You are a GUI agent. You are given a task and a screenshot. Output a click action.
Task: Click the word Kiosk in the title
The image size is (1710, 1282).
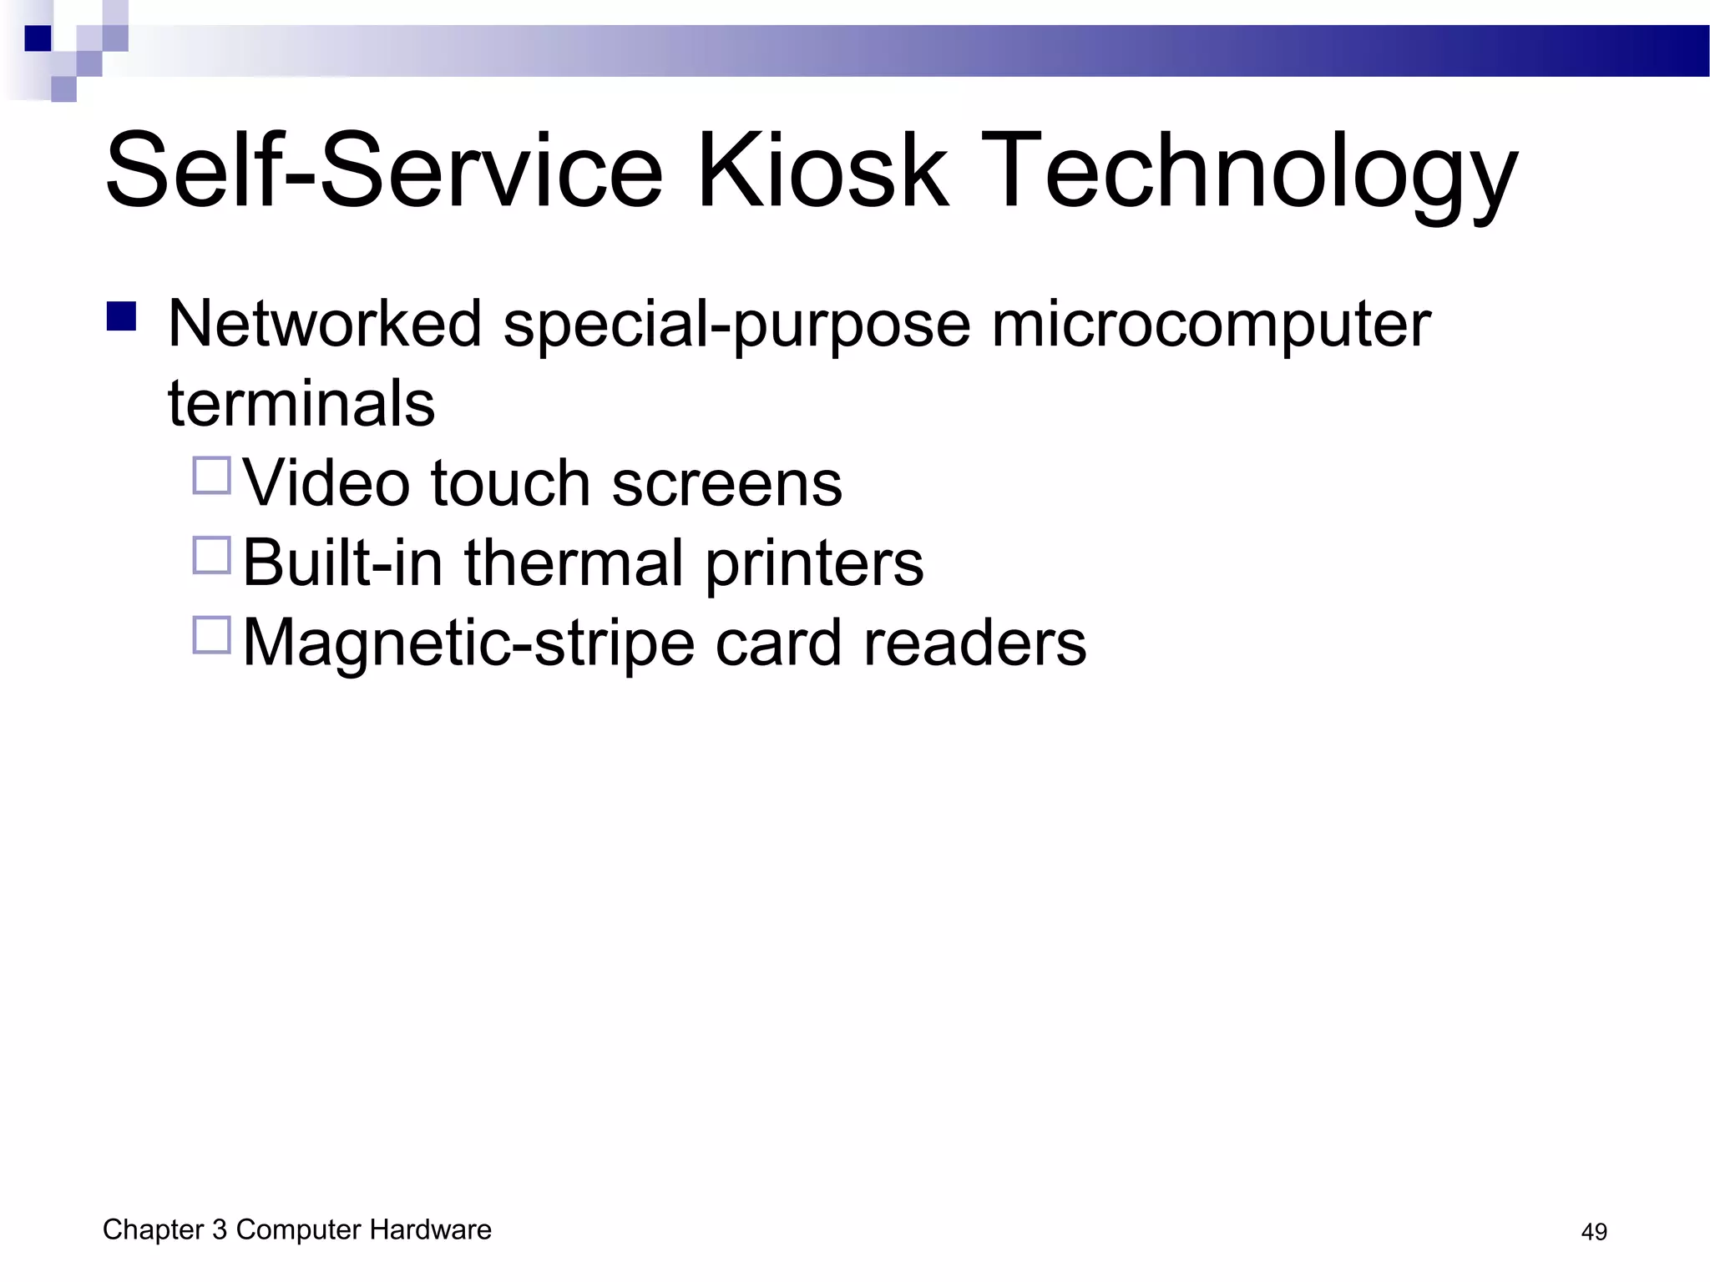822,170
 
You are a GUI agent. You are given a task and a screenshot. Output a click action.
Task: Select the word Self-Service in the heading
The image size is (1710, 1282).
384,170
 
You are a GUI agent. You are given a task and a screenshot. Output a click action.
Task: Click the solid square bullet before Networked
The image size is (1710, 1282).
122,317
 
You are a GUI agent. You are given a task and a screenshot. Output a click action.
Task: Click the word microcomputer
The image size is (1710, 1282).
1211,326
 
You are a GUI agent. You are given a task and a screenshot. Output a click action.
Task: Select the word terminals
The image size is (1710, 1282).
301,403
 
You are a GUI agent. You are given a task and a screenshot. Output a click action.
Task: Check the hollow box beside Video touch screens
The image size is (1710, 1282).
212,476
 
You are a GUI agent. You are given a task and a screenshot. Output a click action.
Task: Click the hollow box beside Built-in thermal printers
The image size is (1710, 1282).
212,555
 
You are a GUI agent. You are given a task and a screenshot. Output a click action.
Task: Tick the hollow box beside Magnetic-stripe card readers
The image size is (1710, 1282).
212,635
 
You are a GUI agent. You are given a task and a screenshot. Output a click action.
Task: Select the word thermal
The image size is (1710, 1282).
574,563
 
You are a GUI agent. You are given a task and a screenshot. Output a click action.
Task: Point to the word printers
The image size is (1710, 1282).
814,564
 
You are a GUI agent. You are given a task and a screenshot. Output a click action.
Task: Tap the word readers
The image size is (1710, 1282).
974,644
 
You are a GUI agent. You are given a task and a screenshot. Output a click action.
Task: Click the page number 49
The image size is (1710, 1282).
1593,1232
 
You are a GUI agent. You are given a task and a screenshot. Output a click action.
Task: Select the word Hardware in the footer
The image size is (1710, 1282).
430,1229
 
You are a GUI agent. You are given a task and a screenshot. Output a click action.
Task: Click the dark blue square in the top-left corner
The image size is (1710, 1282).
38,38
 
